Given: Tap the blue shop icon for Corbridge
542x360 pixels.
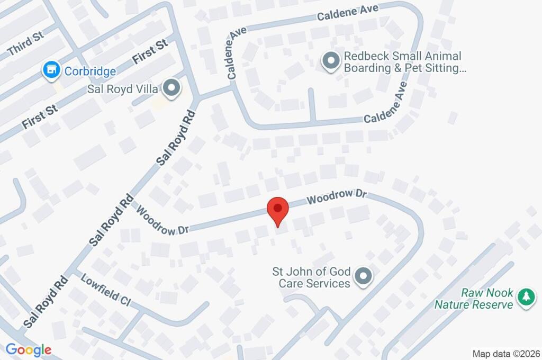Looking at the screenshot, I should tap(51, 70).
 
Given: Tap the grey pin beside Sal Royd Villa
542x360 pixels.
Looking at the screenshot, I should tap(171, 89).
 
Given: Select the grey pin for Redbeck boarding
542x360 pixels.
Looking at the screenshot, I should tap(330, 61).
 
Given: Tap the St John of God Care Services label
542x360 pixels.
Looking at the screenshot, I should tap(311, 277).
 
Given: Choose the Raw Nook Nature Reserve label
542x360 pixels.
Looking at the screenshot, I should tap(474, 299).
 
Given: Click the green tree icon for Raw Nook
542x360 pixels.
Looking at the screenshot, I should tap(526, 298).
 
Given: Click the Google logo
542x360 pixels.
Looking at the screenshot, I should tap(29, 349).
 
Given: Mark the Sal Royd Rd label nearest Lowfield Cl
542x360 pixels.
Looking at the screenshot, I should tap(46, 301).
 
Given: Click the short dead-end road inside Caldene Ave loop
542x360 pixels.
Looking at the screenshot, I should tap(312, 105).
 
